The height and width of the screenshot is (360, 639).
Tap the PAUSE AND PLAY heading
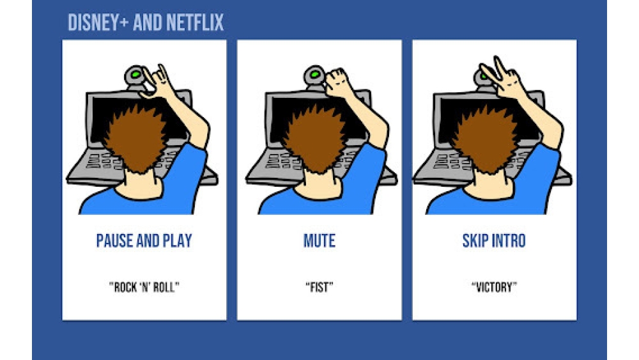click(x=144, y=241)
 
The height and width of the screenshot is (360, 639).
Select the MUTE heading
click(x=319, y=241)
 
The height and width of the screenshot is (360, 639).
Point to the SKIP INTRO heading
click(x=494, y=241)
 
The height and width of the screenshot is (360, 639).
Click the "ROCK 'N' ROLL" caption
click(x=144, y=288)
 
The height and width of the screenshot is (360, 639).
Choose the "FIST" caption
click(x=319, y=288)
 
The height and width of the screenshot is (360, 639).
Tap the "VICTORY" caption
click(x=494, y=288)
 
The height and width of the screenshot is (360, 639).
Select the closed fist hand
click(x=337, y=82)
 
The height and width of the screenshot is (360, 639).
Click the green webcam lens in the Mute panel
click(x=314, y=75)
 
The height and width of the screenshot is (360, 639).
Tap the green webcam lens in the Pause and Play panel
click(x=135, y=75)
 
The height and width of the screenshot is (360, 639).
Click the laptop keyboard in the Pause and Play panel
click(x=102, y=161)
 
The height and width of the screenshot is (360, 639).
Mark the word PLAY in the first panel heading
click(x=177, y=241)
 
